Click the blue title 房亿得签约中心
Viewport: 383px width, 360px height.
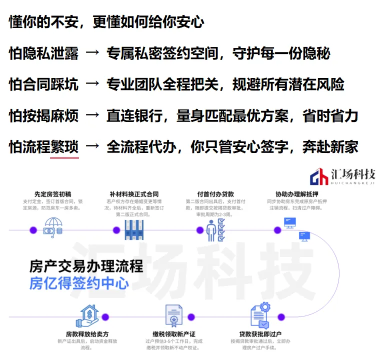pyautogui.click(x=78, y=283)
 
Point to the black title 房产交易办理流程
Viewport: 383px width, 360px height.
pyautogui.click(x=86, y=265)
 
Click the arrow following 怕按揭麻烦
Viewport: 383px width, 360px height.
pyautogui.click(x=92, y=116)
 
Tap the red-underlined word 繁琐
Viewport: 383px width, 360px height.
pyautogui.click(x=64, y=147)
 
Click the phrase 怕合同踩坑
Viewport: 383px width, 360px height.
pyautogui.click(x=43, y=85)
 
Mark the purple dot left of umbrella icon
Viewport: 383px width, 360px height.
pyautogui.click(x=33, y=230)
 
